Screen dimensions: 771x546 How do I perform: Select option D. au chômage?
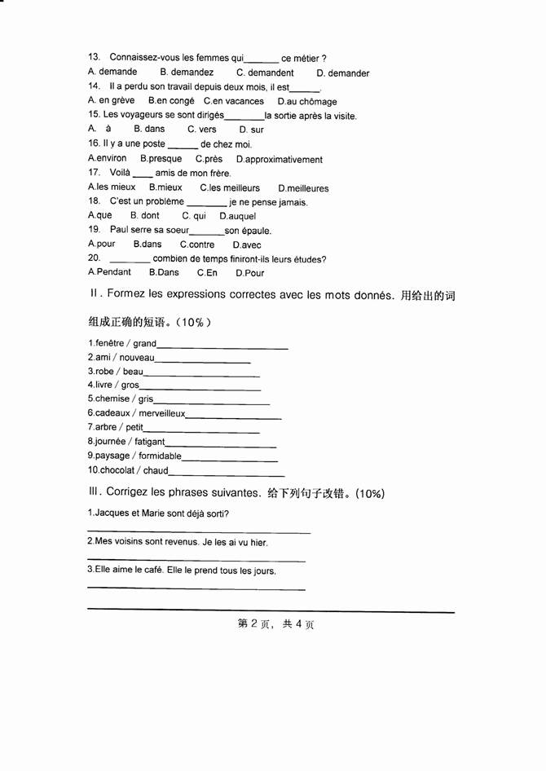[x=306, y=102]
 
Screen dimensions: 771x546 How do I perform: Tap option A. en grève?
[x=111, y=101]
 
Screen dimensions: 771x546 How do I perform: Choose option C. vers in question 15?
[x=202, y=130]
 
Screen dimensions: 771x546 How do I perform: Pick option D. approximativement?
[x=280, y=160]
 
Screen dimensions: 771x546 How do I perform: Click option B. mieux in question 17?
[x=165, y=187]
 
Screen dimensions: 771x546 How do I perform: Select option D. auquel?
[x=237, y=216]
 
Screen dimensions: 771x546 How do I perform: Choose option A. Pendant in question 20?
[x=109, y=272]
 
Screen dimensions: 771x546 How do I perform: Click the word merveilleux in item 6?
[x=161, y=413]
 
